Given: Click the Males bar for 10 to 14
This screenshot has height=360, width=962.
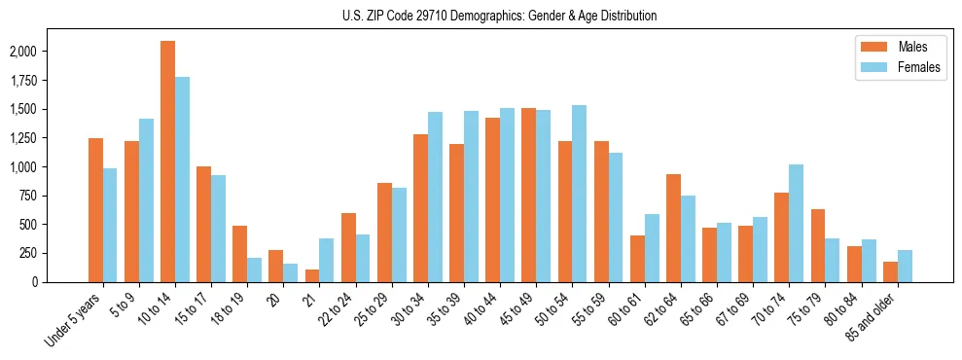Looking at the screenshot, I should [167, 162].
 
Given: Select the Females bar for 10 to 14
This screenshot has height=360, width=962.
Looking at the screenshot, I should [183, 179].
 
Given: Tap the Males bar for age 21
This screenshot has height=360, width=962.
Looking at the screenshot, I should [312, 275].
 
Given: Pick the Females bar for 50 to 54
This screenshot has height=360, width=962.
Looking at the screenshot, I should [580, 194].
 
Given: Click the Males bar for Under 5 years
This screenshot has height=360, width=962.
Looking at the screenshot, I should [95, 210].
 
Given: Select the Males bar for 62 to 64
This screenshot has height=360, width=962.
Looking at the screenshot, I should [673, 228].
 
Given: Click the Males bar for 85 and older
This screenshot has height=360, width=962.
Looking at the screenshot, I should [890, 271].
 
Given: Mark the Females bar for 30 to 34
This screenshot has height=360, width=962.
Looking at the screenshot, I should [436, 197].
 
